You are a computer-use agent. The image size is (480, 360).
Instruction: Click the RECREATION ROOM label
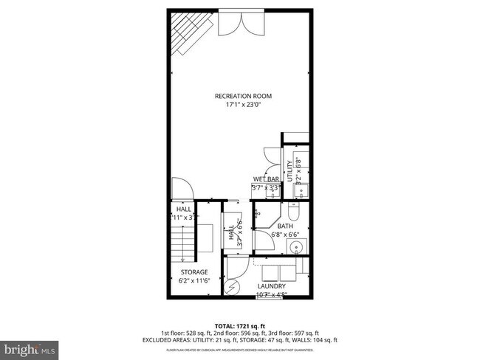coord(244,96)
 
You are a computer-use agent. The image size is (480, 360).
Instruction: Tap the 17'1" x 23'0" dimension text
coord(244,105)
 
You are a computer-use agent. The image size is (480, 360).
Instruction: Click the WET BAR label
coord(266,179)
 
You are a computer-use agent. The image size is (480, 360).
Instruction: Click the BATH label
coord(286,226)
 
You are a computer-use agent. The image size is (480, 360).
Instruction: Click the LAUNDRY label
coord(272,286)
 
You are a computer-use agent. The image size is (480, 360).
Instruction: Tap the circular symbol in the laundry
coord(233,286)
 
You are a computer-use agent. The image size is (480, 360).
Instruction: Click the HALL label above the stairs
coord(183,210)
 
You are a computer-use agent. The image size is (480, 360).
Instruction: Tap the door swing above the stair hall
coord(182,190)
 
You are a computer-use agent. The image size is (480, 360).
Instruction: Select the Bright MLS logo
coord(30,346)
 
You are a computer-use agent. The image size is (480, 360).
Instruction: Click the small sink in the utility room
coord(300,193)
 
